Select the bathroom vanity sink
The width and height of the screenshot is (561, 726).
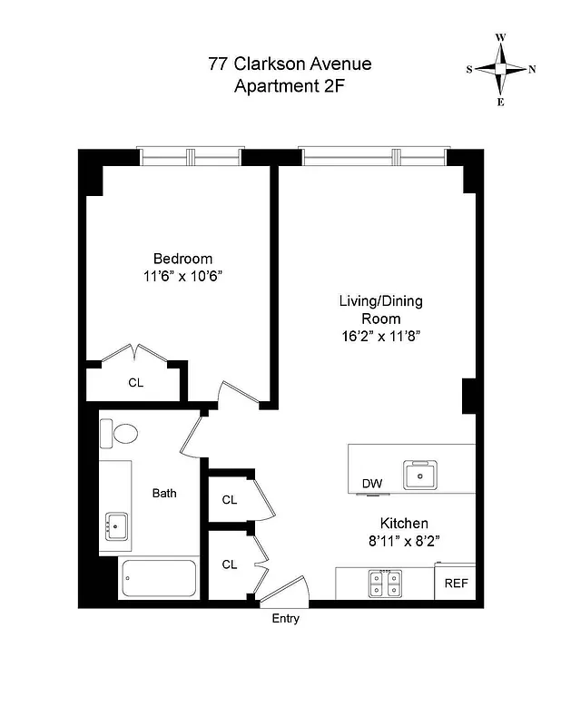pos(117,524)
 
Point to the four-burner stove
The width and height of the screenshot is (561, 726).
pos(385,583)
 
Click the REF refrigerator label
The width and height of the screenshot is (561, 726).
pos(456,583)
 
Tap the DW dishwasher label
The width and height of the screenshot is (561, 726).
pos(372,484)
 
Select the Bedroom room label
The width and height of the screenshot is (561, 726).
pos(182,258)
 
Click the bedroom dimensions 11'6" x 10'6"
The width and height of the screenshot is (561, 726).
pos(182,276)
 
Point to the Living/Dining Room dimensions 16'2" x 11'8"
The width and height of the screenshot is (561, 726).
pos(380,336)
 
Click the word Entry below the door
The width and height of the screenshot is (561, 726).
pos(286,619)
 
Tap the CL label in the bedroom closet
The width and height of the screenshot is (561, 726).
pos(135,382)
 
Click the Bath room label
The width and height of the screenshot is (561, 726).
pos(164,494)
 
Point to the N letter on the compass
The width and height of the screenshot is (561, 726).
pos(532,69)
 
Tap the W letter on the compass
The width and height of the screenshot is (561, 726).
pos(500,38)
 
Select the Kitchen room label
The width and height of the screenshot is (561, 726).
pos(403,524)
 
